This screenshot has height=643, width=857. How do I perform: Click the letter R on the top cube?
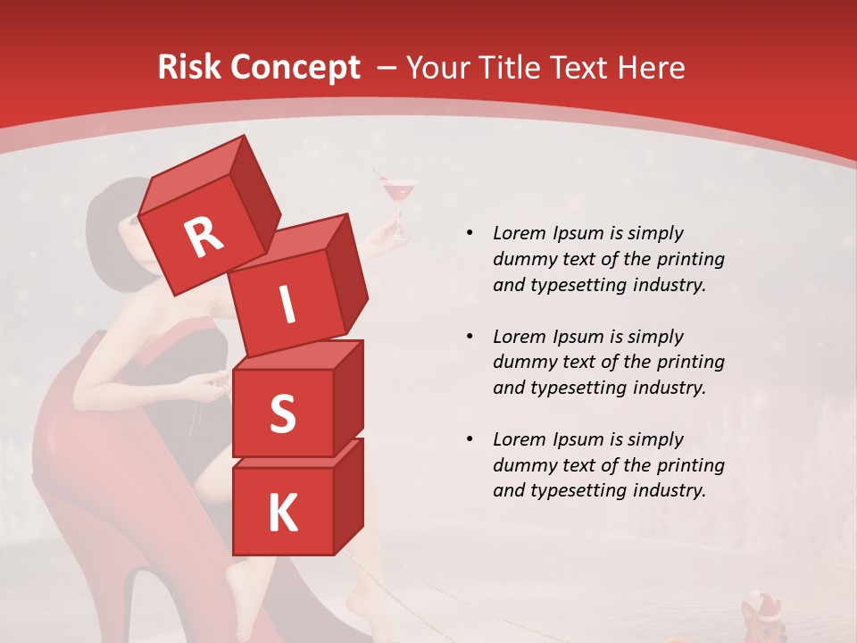pyautogui.click(x=204, y=237)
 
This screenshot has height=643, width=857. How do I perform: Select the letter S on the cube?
pyautogui.click(x=282, y=414)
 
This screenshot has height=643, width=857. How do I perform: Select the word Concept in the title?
pyautogui.click(x=294, y=68)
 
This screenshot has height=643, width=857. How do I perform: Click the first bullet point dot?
pyautogui.click(x=470, y=233)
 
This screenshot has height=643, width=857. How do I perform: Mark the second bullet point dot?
pyautogui.click(x=470, y=337)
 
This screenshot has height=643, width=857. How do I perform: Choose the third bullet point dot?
pyautogui.click(x=470, y=439)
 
